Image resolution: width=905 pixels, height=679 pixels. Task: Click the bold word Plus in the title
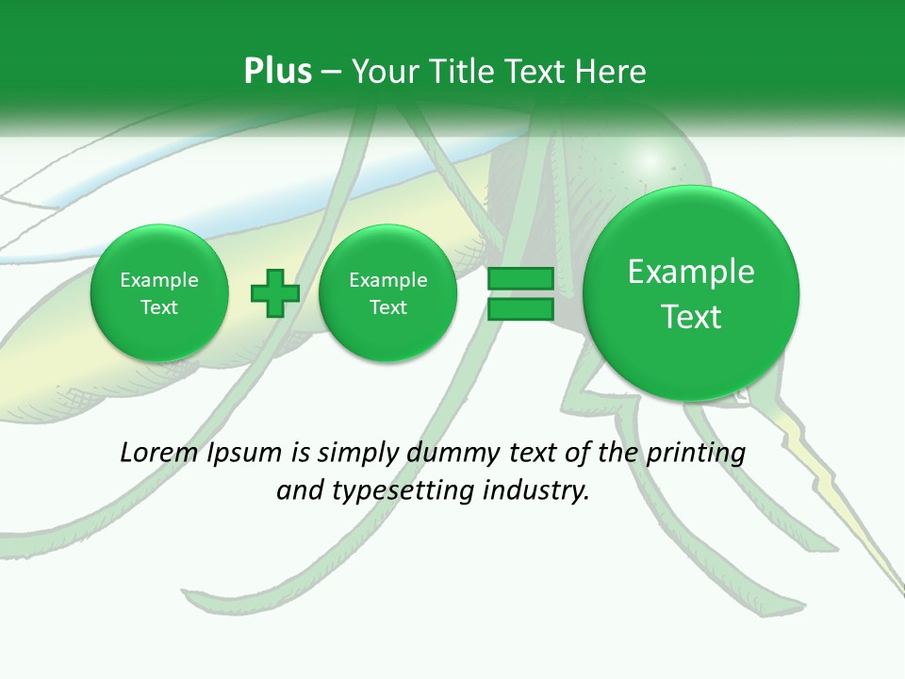click(x=277, y=71)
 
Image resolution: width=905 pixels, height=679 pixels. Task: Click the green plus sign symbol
click(x=275, y=293)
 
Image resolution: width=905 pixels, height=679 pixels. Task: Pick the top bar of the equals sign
click(x=520, y=279)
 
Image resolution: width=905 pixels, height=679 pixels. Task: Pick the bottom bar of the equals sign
click(x=520, y=309)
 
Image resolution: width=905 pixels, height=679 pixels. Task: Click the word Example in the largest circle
click(x=691, y=272)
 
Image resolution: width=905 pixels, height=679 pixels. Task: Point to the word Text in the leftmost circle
click(x=159, y=307)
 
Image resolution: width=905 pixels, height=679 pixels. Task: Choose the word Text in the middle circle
click(x=388, y=307)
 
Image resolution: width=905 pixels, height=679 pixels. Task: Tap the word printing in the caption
click(x=695, y=453)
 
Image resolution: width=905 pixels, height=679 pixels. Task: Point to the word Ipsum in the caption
click(x=244, y=453)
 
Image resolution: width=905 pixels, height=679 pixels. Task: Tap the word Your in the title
click(x=383, y=71)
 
